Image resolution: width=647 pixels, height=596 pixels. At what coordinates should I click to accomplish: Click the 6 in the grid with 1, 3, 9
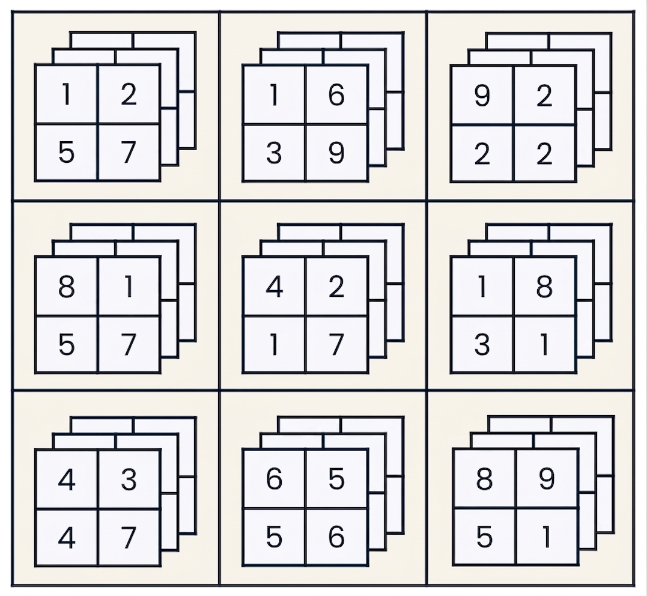coord(336,95)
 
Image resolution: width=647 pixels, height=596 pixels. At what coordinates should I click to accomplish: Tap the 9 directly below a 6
coord(336,153)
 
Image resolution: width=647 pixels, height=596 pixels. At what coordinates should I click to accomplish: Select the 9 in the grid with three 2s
coord(482,96)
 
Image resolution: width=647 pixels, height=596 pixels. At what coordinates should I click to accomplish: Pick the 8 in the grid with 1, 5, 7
coord(67,287)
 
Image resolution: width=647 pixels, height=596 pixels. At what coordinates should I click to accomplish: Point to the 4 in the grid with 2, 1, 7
coord(274,287)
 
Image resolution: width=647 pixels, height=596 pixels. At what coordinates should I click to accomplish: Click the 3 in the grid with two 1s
coord(482,345)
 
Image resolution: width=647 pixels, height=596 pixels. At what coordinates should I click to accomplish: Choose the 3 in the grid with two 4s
coord(129,479)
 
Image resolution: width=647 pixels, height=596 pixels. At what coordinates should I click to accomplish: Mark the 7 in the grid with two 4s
coord(129,537)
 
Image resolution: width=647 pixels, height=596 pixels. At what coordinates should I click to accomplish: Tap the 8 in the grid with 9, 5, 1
coord(484,479)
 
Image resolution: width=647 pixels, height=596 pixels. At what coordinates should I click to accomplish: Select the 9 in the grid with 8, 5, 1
coord(547,479)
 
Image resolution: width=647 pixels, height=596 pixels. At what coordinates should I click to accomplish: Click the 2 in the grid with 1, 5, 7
coord(129,94)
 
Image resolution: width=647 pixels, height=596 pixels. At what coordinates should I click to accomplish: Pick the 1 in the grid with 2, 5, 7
coord(67,94)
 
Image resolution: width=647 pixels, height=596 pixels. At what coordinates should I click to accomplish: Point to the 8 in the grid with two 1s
coord(544,287)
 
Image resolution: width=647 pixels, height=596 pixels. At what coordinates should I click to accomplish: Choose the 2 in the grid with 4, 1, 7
coord(336,287)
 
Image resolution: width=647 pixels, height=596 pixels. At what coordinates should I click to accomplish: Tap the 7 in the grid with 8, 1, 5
coord(129,345)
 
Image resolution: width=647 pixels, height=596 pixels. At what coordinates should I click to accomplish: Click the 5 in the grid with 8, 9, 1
coord(484,537)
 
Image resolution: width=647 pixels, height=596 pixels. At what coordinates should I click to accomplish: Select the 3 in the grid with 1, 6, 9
coord(274,153)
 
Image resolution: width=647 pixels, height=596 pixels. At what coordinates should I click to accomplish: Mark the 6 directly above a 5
coord(274,479)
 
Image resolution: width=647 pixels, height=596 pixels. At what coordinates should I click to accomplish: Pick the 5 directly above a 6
coord(336,479)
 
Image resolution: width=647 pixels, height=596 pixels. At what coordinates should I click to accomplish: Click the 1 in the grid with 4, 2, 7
coord(274,345)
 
